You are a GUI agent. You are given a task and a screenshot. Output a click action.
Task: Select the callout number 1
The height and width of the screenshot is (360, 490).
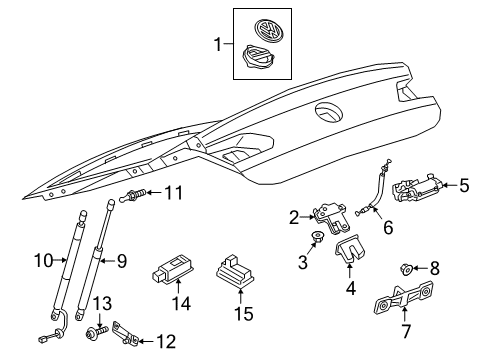pyautogui.click(x=218, y=45)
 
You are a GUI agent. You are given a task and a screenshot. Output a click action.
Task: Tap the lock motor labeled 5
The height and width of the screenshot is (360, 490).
pyautogui.click(x=418, y=188)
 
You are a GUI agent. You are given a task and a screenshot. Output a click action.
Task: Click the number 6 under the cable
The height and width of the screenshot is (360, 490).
pyautogui.click(x=388, y=227)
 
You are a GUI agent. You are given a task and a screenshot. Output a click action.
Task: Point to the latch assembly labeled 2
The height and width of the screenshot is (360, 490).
pyautogui.click(x=331, y=218)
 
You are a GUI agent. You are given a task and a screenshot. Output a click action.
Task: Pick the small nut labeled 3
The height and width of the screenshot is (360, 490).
pyautogui.click(x=316, y=237)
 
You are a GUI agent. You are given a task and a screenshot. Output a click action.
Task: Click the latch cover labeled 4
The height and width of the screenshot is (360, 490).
pyautogui.click(x=349, y=248)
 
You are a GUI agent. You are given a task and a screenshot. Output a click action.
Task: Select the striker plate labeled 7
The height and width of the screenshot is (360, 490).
pyautogui.click(x=403, y=298)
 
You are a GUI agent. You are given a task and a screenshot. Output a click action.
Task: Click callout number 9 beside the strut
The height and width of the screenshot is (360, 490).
pyautogui.click(x=122, y=261)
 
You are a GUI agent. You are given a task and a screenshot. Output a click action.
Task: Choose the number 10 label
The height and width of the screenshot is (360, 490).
pyautogui.click(x=44, y=260)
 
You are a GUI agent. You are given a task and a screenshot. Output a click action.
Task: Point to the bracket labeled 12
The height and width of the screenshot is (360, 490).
pyautogui.click(x=125, y=333)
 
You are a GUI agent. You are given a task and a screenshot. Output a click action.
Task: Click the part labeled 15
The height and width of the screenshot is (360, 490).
pyautogui.click(x=234, y=271)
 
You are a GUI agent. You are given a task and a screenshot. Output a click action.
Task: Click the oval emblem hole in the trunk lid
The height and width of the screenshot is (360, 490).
pyautogui.click(x=329, y=112)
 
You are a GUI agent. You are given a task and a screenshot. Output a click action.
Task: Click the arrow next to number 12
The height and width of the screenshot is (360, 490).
pyautogui.click(x=146, y=341)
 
